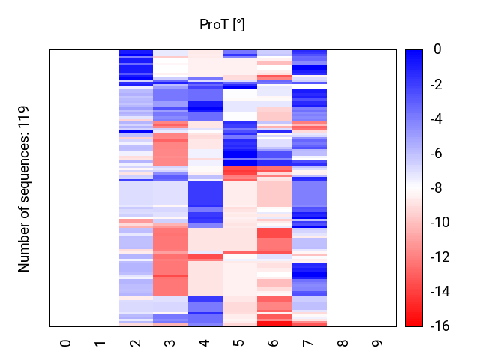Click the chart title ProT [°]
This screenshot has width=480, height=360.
coord(222,25)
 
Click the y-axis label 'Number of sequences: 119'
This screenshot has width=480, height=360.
coord(24,188)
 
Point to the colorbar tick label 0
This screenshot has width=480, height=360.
coord(436,49)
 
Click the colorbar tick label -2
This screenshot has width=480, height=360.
coord(439,84)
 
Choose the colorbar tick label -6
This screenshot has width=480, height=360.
coord(439,154)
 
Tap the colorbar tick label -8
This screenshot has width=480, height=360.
coord(439,188)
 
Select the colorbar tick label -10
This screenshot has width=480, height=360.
coord(442,223)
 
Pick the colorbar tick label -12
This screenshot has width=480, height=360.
coord(442,257)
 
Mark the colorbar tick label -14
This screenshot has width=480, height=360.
coord(442,292)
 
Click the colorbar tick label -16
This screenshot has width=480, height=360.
coord(442,326)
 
